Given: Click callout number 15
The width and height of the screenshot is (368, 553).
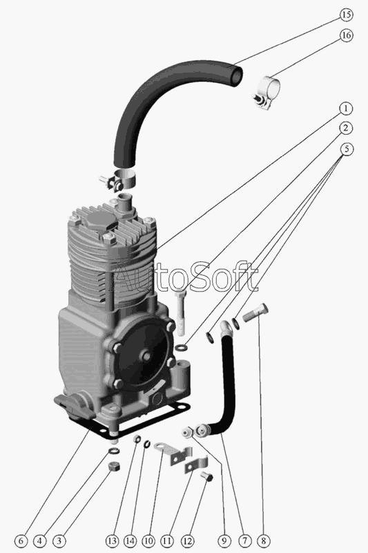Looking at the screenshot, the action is pos(346,15).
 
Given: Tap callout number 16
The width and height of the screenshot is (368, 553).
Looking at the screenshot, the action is pos(346,35).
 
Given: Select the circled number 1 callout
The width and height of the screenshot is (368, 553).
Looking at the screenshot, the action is pos(346,109).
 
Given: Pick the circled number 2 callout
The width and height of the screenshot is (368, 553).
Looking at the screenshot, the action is pos(346,128).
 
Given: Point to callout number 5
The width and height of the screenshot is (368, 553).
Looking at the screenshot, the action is pos(347,149).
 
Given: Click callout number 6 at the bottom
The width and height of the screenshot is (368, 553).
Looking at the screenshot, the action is pos(21,541).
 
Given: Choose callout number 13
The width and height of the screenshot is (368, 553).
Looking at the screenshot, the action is pos(112,541).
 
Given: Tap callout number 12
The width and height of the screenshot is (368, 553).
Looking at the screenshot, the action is pos(187,541).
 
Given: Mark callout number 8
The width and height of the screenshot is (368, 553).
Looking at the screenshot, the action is pos(264,541).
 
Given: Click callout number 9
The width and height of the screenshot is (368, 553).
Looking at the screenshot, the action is pos(224,541).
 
